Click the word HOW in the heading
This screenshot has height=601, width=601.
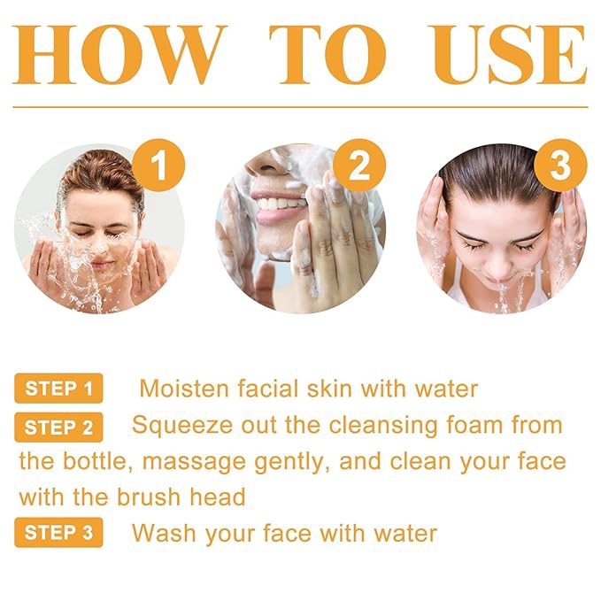(x=118, y=54)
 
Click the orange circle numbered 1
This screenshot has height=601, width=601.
(x=158, y=166)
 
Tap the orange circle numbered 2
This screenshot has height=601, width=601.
(x=359, y=166)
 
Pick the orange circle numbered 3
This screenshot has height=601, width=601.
(x=560, y=166)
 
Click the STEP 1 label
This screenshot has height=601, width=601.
(x=58, y=389)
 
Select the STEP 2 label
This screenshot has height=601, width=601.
(x=58, y=428)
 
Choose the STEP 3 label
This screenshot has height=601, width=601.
(x=58, y=532)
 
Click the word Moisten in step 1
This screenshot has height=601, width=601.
(x=184, y=389)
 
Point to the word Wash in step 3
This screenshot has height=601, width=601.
(x=164, y=533)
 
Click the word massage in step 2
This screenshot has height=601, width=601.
(x=194, y=463)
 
